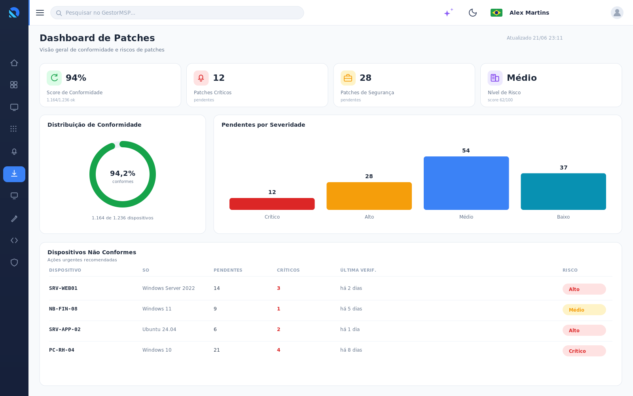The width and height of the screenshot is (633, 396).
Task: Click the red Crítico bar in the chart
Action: (272, 204)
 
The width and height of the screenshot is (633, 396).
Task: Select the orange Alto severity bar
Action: (369, 196)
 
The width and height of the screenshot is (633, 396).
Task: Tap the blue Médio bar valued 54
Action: (466, 183)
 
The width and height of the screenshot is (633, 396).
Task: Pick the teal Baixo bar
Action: (563, 192)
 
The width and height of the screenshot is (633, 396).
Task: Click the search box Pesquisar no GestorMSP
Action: (177, 13)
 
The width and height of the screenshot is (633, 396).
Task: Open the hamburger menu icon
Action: (40, 13)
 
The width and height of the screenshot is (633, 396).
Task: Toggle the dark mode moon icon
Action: (472, 13)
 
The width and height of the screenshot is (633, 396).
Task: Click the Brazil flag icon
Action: (497, 13)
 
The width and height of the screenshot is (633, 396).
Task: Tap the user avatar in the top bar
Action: (617, 13)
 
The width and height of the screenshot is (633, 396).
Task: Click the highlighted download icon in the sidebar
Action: (14, 174)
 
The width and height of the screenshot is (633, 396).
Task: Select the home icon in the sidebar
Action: (14, 63)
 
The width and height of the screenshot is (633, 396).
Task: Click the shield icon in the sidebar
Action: (14, 263)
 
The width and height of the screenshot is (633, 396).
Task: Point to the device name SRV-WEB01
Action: (63, 288)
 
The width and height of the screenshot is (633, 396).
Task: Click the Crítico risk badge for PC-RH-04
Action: (584, 351)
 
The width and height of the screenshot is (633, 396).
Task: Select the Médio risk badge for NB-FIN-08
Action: (584, 310)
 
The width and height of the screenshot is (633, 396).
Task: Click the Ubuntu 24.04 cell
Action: (159, 329)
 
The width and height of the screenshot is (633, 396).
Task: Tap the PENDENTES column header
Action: (228, 270)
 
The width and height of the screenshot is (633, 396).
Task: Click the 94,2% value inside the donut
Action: (123, 173)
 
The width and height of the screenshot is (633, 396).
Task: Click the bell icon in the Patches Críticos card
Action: (201, 78)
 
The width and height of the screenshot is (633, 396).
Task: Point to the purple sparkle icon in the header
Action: (448, 12)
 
